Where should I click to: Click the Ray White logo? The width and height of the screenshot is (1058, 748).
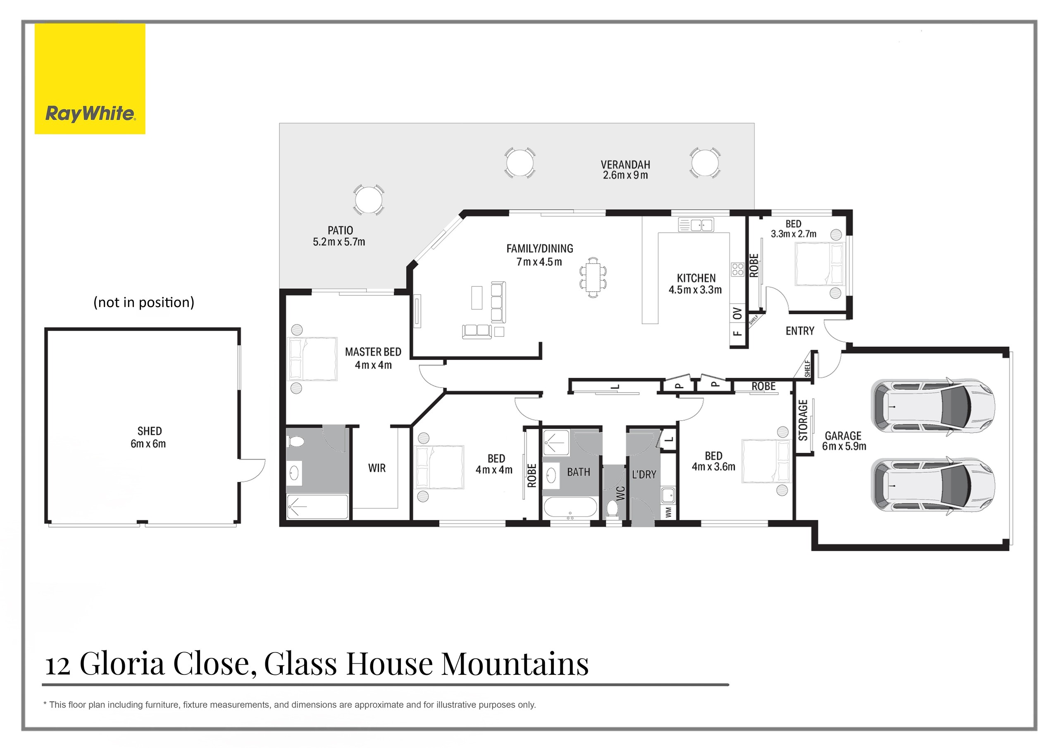[x=90, y=79]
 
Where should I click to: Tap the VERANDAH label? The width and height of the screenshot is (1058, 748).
[x=625, y=164]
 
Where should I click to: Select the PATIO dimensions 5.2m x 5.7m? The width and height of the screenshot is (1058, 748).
[x=339, y=242]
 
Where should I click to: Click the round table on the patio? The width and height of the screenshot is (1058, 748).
[x=368, y=200]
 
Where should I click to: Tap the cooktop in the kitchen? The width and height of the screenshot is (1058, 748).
[x=737, y=269]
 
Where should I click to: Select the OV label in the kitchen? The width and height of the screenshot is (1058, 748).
[x=737, y=313]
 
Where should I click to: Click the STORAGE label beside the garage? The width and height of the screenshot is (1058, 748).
[x=803, y=420]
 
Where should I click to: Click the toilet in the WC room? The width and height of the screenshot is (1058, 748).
[x=612, y=509]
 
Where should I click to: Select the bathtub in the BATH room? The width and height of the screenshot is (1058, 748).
[x=570, y=508]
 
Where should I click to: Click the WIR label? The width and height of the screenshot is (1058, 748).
[x=376, y=468]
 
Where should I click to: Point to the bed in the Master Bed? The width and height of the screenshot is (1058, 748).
[x=312, y=359]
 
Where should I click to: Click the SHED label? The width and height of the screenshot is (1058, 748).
[x=149, y=431]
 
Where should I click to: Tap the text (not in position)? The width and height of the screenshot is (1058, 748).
[x=144, y=303]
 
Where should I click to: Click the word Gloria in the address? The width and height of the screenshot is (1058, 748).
[x=122, y=664]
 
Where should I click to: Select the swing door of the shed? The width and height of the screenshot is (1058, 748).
[x=253, y=470]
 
